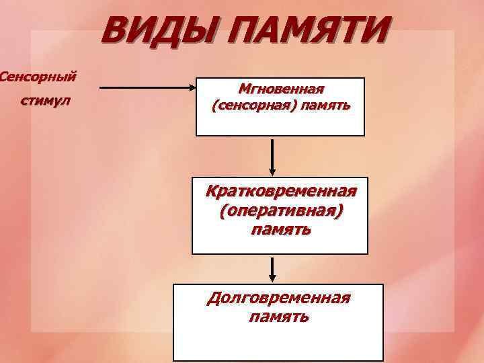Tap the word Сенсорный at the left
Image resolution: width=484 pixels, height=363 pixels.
36,76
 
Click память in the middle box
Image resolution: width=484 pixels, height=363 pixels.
280,230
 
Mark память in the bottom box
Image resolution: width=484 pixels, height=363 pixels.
278,316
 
